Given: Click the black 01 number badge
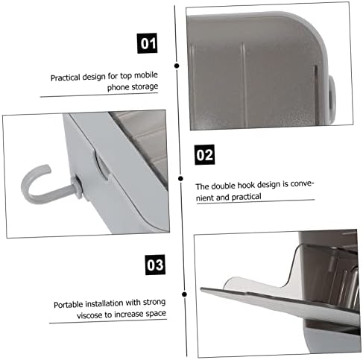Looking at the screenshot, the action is click(x=148, y=43).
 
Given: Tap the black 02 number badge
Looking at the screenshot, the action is click(x=204, y=154).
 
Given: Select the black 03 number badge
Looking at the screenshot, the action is click(x=155, y=265).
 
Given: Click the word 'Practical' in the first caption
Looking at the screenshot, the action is click(x=66, y=78).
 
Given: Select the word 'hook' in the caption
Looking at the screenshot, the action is click(x=246, y=186).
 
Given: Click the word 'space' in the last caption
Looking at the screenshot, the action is click(x=156, y=314).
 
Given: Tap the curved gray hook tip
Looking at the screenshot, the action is click(x=47, y=168).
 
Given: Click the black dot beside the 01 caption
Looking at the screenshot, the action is click(x=177, y=66).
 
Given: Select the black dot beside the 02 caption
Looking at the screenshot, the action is click(x=180, y=178).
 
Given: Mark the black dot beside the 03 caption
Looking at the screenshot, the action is click(x=184, y=294).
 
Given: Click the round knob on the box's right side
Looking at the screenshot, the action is click(x=332, y=99).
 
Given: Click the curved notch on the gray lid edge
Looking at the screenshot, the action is click(x=101, y=165).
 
